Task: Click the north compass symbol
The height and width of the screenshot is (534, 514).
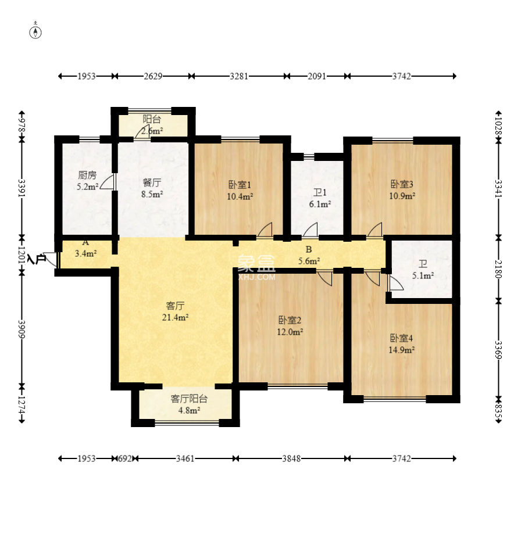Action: tap(36, 31)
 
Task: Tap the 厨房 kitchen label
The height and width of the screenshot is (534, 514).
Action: tap(87, 175)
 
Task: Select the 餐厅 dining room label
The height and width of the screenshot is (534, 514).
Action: tap(152, 183)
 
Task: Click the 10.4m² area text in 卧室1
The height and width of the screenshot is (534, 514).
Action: tap(240, 196)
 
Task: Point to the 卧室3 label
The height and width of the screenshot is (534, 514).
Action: tap(402, 184)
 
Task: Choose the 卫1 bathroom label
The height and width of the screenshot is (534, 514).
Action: tap(320, 192)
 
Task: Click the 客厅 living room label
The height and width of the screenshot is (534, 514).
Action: tap(175, 306)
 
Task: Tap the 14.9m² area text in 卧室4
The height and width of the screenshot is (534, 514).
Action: tap(402, 350)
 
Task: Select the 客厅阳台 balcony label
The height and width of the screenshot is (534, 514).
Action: tap(189, 399)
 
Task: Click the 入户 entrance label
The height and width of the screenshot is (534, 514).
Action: tap(37, 259)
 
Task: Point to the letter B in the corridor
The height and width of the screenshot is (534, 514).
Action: tap(309, 249)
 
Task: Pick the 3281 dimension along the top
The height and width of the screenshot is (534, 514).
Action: tap(238, 76)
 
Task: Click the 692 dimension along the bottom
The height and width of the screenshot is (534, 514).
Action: tap(125, 458)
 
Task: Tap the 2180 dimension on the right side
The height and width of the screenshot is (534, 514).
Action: tap(498, 269)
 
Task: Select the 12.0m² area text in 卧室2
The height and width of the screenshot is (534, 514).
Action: tap(290, 332)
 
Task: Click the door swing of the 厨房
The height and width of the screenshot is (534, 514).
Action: tap(108, 182)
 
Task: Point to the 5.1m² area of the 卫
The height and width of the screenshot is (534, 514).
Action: tap(423, 275)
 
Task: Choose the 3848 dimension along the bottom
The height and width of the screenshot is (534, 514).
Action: tap(291, 458)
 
